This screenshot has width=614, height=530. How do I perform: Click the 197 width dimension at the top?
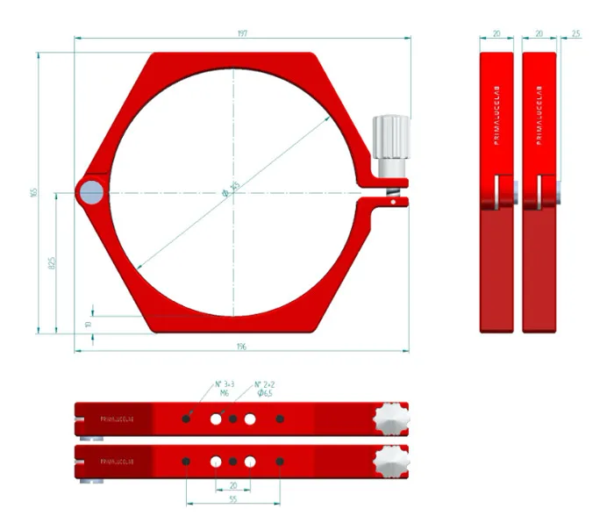point(242,33)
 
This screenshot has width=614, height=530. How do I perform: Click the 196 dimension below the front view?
point(242,347)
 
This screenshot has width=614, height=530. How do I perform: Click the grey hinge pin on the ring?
point(89,192)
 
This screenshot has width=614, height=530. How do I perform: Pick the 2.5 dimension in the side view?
point(575,33)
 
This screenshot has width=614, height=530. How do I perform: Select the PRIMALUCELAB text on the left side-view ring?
point(496,118)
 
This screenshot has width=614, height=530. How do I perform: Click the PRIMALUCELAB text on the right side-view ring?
point(538,118)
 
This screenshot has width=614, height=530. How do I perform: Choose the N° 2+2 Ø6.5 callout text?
point(267,389)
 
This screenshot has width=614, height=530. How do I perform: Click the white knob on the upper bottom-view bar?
point(391,419)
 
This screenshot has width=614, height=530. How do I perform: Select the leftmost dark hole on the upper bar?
point(187,419)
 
